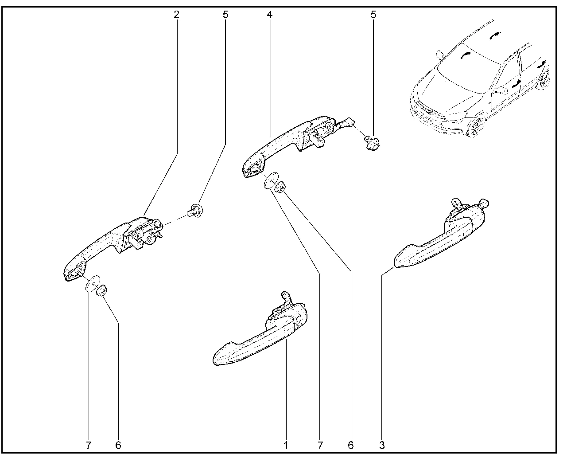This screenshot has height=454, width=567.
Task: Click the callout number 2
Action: point(177,15)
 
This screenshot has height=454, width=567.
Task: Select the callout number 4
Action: point(269,15)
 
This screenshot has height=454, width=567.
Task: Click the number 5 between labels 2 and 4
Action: point(225,15)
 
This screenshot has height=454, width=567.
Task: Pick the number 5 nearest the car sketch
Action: point(373,15)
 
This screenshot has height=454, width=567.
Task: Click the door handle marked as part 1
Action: point(260,336)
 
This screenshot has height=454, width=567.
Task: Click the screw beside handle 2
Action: point(195,210)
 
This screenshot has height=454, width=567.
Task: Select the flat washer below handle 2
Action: point(93,283)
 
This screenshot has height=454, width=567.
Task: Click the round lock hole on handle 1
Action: point(299,321)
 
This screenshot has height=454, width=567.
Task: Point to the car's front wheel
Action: point(476,126)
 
